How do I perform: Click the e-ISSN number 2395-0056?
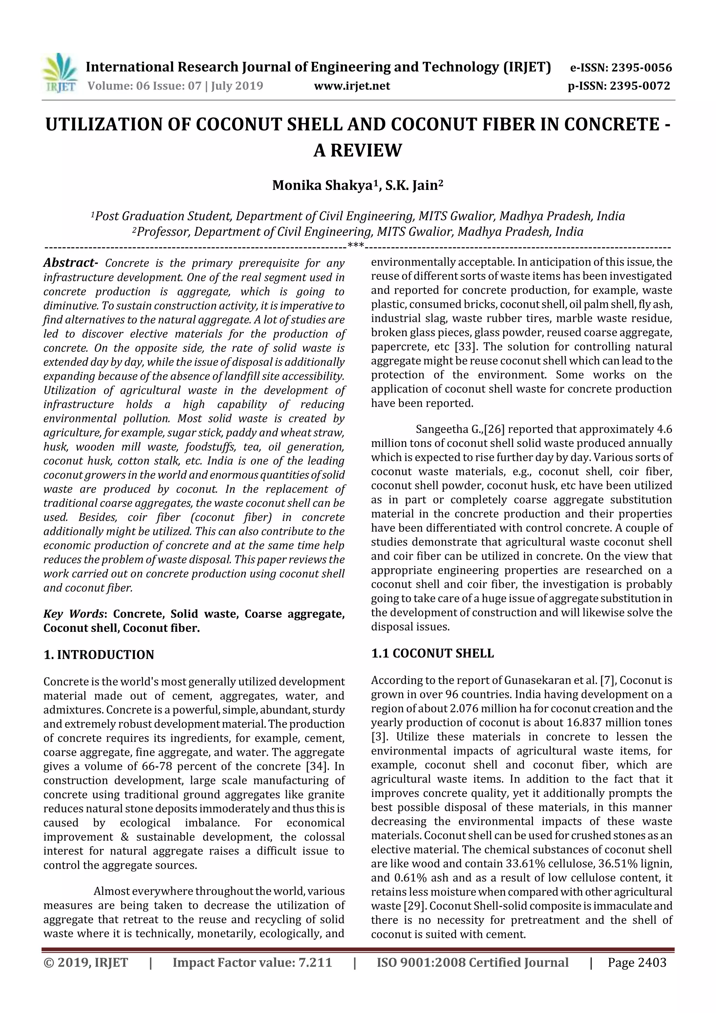tap(641, 68)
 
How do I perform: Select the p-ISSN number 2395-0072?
tap(640, 86)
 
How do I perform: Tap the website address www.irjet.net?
tap(352, 86)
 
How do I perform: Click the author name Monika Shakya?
tap(322, 186)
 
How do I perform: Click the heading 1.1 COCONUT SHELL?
tap(432, 654)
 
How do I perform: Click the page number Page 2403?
tap(637, 963)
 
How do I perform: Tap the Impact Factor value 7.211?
tap(315, 963)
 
